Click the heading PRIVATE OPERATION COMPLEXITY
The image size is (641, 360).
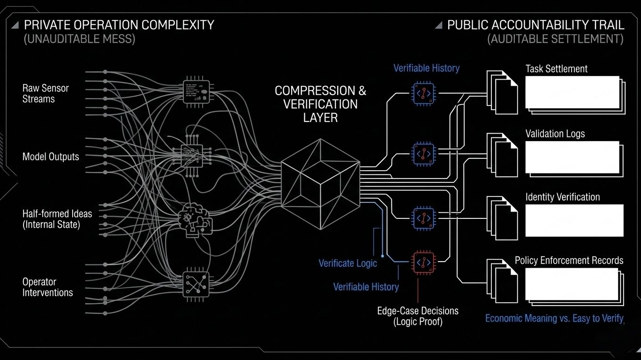[119, 25]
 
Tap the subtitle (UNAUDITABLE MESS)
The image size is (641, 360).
[79, 39]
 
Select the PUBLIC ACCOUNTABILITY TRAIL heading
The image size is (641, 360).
[535, 25]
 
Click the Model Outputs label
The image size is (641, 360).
[51, 157]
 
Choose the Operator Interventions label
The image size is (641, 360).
[47, 287]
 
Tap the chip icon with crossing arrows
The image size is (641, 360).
[195, 282]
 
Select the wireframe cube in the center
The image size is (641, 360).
[320, 183]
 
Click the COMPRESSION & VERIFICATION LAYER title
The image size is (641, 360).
[320, 104]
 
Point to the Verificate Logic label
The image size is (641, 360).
[347, 263]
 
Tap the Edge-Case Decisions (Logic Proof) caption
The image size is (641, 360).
[418, 316]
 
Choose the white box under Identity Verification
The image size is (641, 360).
[574, 220]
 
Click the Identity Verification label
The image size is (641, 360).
[562, 197]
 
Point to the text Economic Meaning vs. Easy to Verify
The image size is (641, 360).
[554, 319]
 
